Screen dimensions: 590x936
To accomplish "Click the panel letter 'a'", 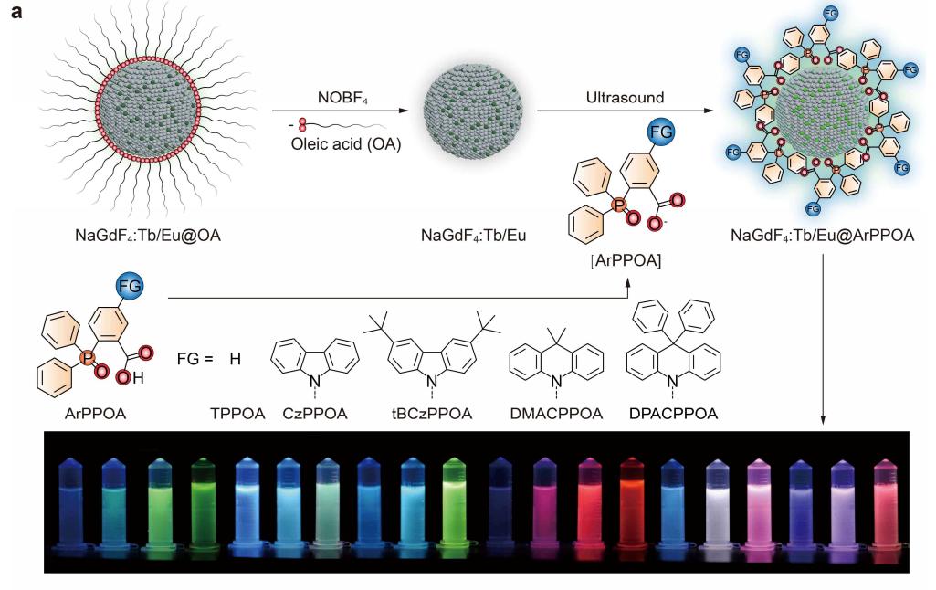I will pyautogui.click(x=13, y=16).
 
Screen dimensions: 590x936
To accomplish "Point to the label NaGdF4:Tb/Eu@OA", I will pyautogui.click(x=148, y=239).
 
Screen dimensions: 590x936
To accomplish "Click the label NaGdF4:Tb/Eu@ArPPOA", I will pyautogui.click(x=823, y=239).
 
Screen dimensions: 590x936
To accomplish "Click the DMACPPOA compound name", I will pyautogui.click(x=556, y=414).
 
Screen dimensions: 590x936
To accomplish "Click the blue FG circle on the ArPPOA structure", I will pyautogui.click(x=130, y=288).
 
